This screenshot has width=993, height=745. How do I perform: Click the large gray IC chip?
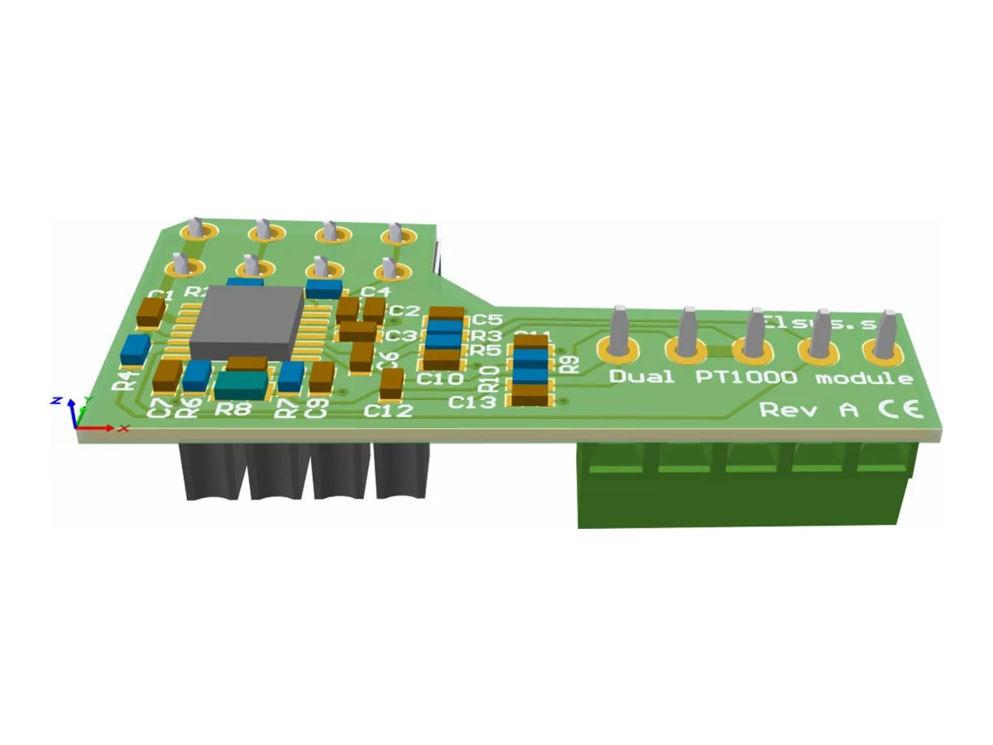coord(247,323)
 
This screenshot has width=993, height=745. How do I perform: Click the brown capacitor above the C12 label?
coord(391,382)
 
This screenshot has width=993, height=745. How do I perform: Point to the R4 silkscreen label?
coord(126,380)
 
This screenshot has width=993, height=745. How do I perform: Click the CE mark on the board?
coord(897,409)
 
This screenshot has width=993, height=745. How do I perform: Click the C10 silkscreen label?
coord(439,379)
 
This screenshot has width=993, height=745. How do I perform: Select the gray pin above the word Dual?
coord(620,331)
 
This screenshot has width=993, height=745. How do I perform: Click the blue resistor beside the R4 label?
coord(134,349)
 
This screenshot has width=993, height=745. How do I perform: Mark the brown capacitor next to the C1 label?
coord(152,312)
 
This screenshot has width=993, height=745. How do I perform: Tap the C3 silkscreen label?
coord(400,335)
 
